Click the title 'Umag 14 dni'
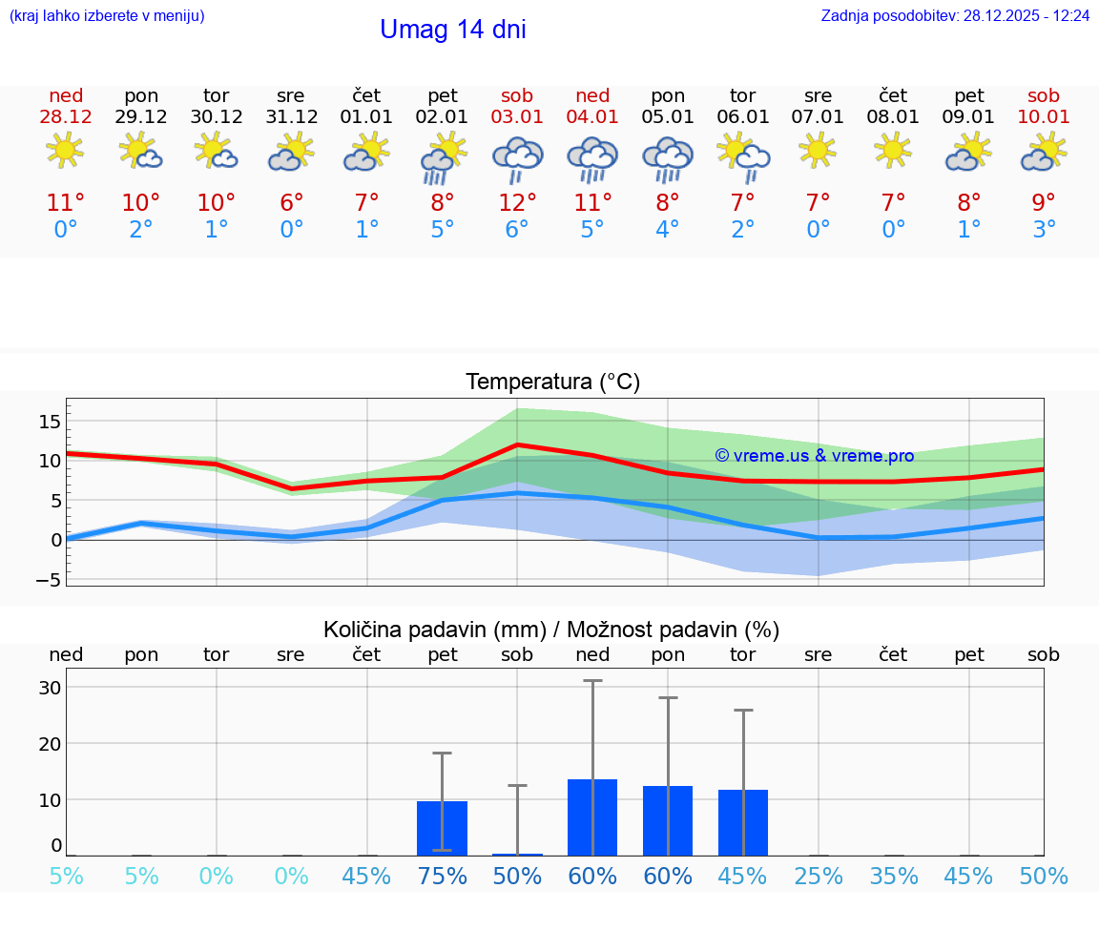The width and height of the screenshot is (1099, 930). point(452,30)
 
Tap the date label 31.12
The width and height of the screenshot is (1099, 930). point(291,117)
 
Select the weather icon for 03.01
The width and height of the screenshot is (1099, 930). point(517,158)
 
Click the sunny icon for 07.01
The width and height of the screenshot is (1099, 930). point(818,151)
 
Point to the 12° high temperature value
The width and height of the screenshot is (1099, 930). point(517,203)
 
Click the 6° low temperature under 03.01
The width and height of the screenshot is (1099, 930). point(517,230)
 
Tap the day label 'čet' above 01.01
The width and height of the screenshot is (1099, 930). point(366,95)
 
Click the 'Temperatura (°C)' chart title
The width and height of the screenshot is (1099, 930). point(552,382)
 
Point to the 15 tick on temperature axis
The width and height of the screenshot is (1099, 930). point(50,421)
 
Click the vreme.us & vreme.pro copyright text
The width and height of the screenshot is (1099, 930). point(814,456)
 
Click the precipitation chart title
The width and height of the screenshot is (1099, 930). point(550,630)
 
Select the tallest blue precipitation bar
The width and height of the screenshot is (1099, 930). point(592,817)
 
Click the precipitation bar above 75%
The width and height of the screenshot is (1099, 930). point(442,828)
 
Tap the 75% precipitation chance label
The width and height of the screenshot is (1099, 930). point(442,877)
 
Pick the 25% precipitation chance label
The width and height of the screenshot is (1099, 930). point(819,877)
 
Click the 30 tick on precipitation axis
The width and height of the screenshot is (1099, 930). point(50,688)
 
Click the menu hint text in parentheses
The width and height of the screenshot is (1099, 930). point(107,16)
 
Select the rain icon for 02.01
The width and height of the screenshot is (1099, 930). point(442,158)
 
